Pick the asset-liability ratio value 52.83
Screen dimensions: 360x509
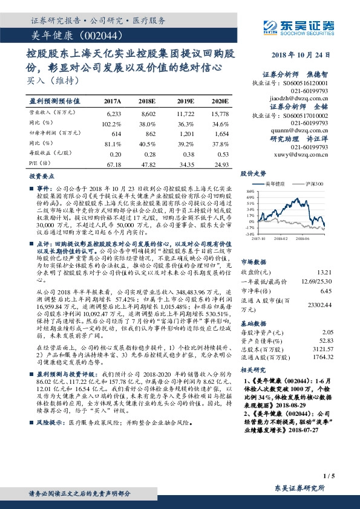[x=326, y=341]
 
